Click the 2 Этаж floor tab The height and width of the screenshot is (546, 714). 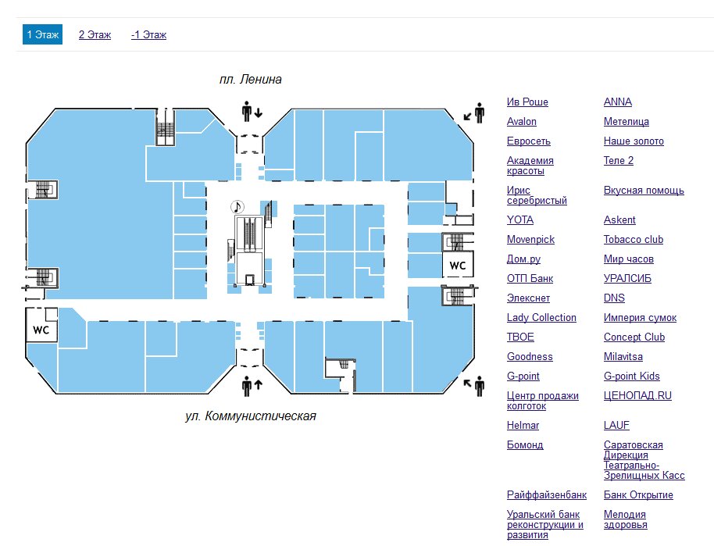pos(95,35)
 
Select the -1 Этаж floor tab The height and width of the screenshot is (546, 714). pos(148,35)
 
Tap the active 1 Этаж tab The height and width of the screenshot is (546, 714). pos(42,35)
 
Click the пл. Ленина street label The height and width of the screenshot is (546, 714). pos(250,80)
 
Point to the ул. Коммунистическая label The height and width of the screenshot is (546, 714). pos(251,416)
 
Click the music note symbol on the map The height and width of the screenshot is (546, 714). pos(237,206)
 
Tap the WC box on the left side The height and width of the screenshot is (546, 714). pos(41,330)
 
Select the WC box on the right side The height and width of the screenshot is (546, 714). pos(457,266)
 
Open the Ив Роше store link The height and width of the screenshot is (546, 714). pos(527,102)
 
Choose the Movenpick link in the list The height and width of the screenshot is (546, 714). pos(530,240)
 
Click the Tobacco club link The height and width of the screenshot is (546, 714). pos(633,240)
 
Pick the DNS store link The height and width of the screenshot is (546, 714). pos(614,298)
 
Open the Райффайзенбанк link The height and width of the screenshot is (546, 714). pos(546,495)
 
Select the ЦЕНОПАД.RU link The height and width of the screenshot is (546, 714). pos(637,396)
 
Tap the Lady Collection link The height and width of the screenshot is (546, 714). pos(541,318)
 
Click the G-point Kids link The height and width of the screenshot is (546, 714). pos(631,376)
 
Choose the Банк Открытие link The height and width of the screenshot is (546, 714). pos(638,495)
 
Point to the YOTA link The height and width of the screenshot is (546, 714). pos(520,220)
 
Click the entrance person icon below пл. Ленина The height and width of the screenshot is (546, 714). pos(248,112)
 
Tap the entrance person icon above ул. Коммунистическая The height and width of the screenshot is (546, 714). pos(248,385)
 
